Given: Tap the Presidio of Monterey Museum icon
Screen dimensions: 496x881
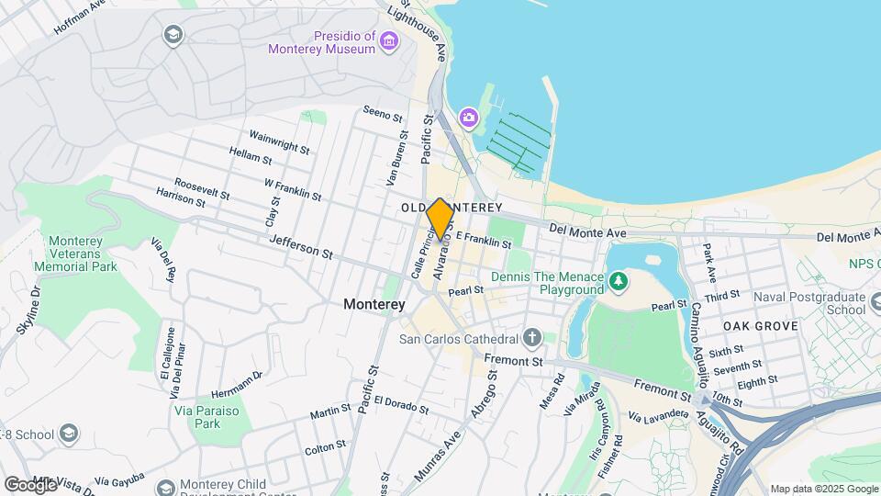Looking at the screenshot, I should pyautogui.click(x=390, y=41).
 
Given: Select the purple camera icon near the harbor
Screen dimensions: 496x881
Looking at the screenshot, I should pyautogui.click(x=469, y=117).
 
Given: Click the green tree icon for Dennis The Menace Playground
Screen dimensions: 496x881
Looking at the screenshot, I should pyautogui.click(x=619, y=278).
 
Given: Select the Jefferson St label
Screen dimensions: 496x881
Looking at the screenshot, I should pyautogui.click(x=301, y=245).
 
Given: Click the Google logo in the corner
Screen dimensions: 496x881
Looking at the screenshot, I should pyautogui.click(x=30, y=484).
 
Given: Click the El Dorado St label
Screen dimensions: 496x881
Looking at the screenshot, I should pyautogui.click(x=401, y=405).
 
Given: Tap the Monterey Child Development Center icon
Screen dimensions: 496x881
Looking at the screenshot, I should pyautogui.click(x=165, y=486).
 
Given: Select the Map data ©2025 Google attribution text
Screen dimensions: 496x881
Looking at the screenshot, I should pyautogui.click(x=824, y=489).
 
